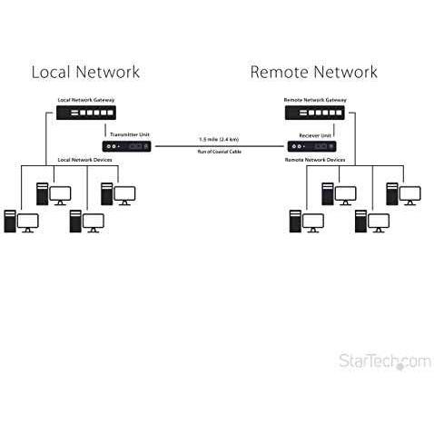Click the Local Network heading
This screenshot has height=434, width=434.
pyautogui.click(x=85, y=72)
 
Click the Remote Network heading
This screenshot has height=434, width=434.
pyautogui.click(x=314, y=72)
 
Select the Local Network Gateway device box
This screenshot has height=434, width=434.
pyautogui.click(x=86, y=113)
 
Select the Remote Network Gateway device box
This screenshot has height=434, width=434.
pyautogui.click(x=315, y=113)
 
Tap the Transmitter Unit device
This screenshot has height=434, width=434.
pyautogui.click(x=127, y=146)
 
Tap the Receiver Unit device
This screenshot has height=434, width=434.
pyautogui.click(x=311, y=146)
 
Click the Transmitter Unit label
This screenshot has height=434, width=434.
pyautogui.click(x=130, y=134)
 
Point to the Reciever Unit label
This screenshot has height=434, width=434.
pyautogui.click(x=315, y=135)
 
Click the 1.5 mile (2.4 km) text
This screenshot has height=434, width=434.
pyautogui.click(x=219, y=139)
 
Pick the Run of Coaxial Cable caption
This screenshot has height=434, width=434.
pyautogui.click(x=220, y=152)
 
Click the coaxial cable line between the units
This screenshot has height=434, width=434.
pyautogui.click(x=220, y=146)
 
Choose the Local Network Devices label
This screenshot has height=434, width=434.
pyautogui.click(x=84, y=160)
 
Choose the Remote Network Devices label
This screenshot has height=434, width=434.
pyautogui.click(x=315, y=160)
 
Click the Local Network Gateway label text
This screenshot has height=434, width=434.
pyautogui.click(x=86, y=100)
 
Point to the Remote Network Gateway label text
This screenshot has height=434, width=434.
pyautogui.click(x=315, y=100)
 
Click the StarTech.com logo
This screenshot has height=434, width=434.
pyautogui.click(x=385, y=360)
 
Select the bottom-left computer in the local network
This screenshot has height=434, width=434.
pyautogui.click(x=21, y=222)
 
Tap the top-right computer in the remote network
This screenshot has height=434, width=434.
pyautogui.click(x=403, y=194)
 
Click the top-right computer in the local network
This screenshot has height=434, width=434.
pyautogui.click(x=118, y=194)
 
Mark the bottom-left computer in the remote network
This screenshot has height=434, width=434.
pyautogui.click(x=307, y=222)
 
